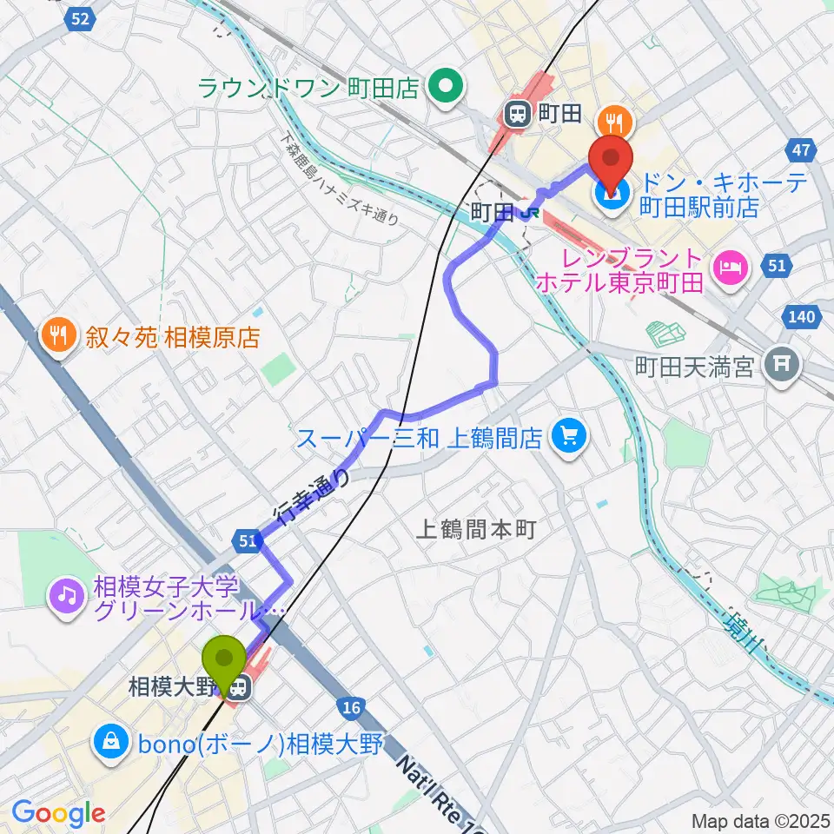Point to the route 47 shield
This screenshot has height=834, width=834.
point(801,150)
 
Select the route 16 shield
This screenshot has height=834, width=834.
point(351,709)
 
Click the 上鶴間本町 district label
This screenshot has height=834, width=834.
point(478,528)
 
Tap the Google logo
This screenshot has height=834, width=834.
point(58,814)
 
